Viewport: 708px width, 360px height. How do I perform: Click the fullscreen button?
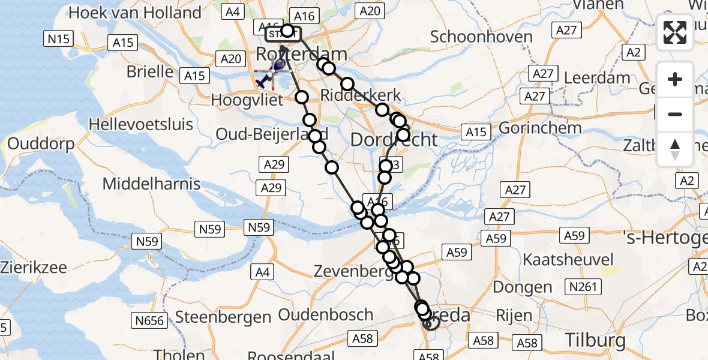pos(675,32)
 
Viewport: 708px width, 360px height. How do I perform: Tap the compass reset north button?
pos(675,149)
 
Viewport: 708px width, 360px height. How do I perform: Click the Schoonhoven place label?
pos(481,37)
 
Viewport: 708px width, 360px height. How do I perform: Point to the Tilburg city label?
pos(595,341)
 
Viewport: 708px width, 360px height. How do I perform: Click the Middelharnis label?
pos(151,183)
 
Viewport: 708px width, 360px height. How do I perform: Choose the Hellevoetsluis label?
pos(141,125)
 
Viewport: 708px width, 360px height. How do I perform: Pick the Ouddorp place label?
pos(41,144)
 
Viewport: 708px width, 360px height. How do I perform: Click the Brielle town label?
pos(150,71)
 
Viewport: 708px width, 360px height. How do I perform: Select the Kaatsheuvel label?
pos(569,259)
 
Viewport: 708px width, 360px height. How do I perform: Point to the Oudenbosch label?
pos(326,314)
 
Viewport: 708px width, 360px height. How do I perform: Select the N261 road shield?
pos(584,287)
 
